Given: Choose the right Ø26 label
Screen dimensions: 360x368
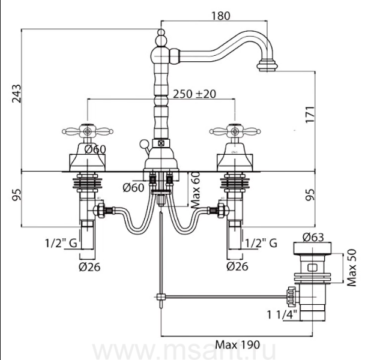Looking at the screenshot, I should [237, 267].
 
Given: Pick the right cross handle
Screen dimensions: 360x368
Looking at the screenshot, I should [233, 130].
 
